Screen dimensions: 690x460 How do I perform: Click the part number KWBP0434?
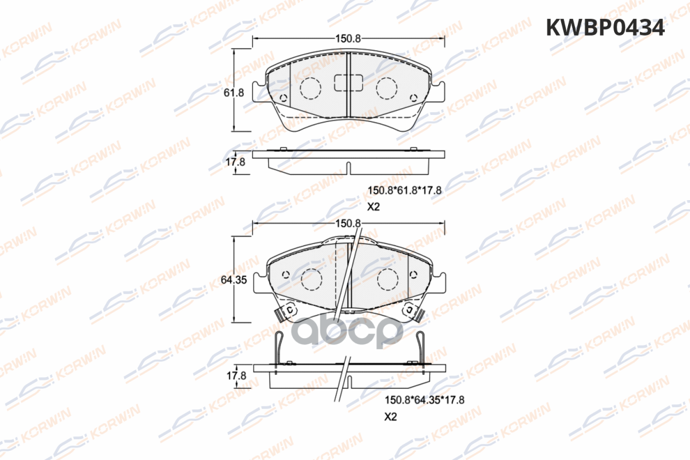click(605, 28)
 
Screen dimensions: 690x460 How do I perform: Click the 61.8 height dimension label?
click(234, 93)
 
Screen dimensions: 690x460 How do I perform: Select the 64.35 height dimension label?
click(234, 280)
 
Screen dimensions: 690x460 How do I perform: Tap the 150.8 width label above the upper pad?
click(348, 39)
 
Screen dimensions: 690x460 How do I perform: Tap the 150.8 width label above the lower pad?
click(348, 223)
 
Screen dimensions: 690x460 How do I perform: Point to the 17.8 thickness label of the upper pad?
click(236, 162)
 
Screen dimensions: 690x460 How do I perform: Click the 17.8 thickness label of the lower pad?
click(236, 375)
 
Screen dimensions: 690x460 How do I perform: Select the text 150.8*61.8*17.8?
click(405, 190)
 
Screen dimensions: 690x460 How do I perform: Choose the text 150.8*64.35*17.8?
click(424, 400)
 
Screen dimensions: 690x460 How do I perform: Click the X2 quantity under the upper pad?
click(373, 207)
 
